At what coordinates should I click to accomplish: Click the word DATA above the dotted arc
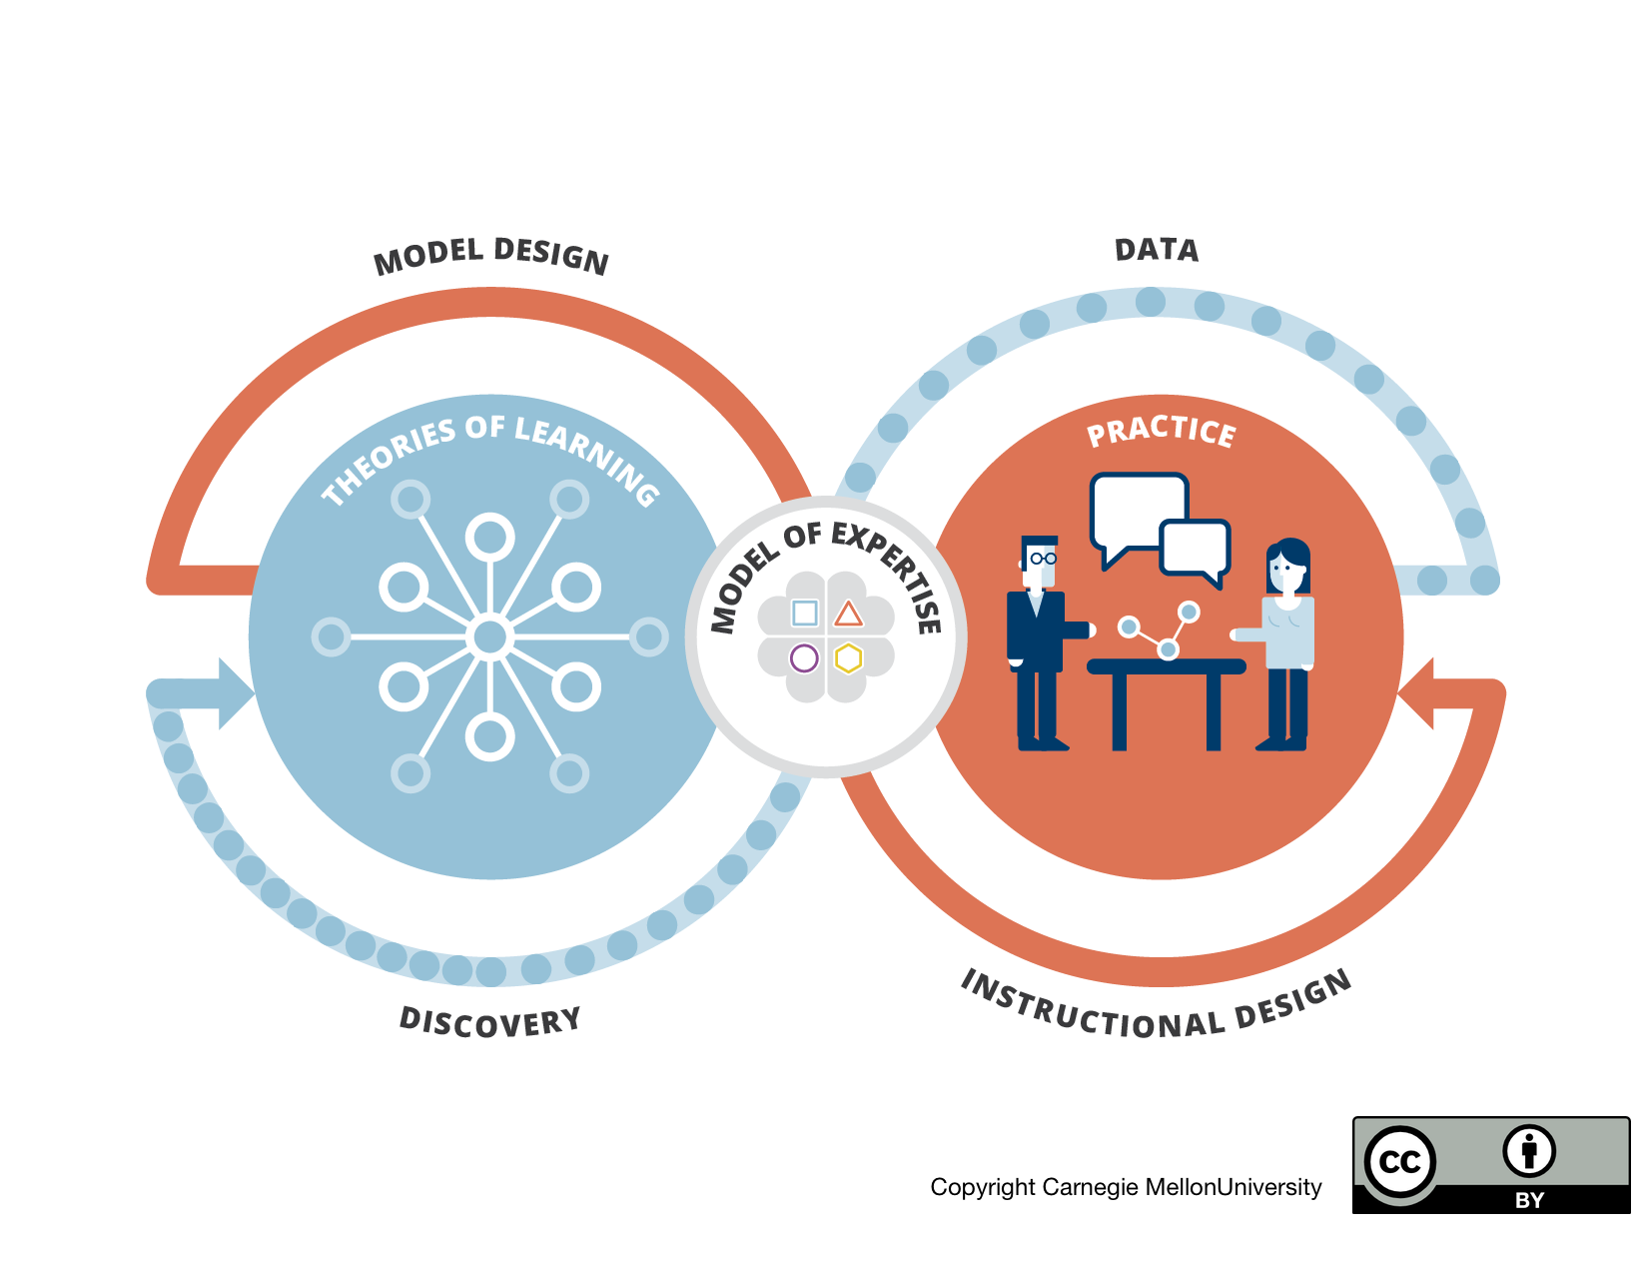[x=1156, y=250]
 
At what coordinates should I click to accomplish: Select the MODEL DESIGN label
[x=491, y=256]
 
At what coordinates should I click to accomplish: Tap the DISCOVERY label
[x=490, y=1022]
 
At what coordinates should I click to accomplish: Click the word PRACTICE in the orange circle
[x=1162, y=431]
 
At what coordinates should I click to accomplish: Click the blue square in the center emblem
[x=805, y=613]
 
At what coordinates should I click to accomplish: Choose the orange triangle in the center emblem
[x=848, y=614]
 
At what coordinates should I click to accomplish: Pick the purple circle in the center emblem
[x=804, y=657]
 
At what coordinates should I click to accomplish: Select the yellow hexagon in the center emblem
[x=848, y=657]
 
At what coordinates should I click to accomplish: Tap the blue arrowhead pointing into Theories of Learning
[x=236, y=693]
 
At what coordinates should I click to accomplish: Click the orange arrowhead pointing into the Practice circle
[x=1415, y=693]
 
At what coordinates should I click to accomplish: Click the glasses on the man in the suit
[x=1043, y=559]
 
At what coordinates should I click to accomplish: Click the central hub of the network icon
[x=490, y=637]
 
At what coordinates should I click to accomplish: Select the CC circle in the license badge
[x=1399, y=1162]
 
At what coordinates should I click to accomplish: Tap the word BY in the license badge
[x=1529, y=1200]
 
